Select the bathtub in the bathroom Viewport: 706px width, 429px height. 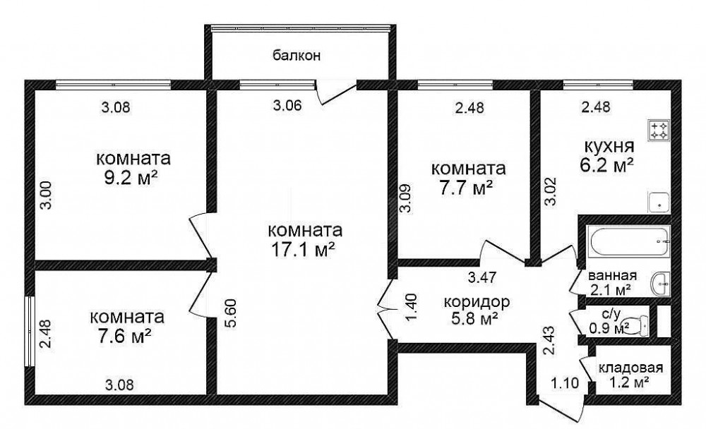click(x=628, y=241)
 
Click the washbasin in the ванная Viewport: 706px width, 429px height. click(x=661, y=284)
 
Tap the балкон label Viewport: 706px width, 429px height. click(x=297, y=56)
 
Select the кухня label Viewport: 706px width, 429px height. click(x=609, y=146)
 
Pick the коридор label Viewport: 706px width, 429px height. click(x=477, y=301)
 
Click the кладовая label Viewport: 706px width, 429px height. click(x=630, y=368)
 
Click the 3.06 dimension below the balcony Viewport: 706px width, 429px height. click(x=288, y=105)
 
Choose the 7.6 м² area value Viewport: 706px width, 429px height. click(x=124, y=337)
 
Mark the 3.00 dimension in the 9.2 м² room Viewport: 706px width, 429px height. click(x=48, y=195)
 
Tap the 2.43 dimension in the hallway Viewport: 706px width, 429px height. click(x=549, y=341)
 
